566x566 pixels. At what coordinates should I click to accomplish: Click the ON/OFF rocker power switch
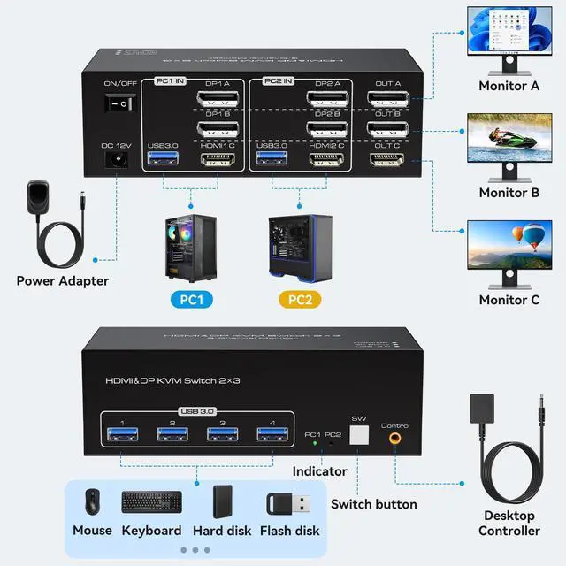coord(120,103)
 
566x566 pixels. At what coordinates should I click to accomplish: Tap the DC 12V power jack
coord(115,160)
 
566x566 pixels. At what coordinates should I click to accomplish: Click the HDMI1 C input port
coord(215,160)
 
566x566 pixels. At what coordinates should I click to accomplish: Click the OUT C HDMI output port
coord(386,160)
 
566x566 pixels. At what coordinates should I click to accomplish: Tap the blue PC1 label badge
coord(192,300)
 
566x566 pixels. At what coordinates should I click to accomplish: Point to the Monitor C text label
coord(509,300)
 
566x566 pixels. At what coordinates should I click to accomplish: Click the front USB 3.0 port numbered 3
coord(221,433)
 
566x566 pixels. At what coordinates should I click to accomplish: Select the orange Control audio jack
coord(394,436)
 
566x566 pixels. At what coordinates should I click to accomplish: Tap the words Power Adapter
coord(63,281)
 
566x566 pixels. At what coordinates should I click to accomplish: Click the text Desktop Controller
coord(509,523)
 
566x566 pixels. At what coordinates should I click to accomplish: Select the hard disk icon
coord(222,501)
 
